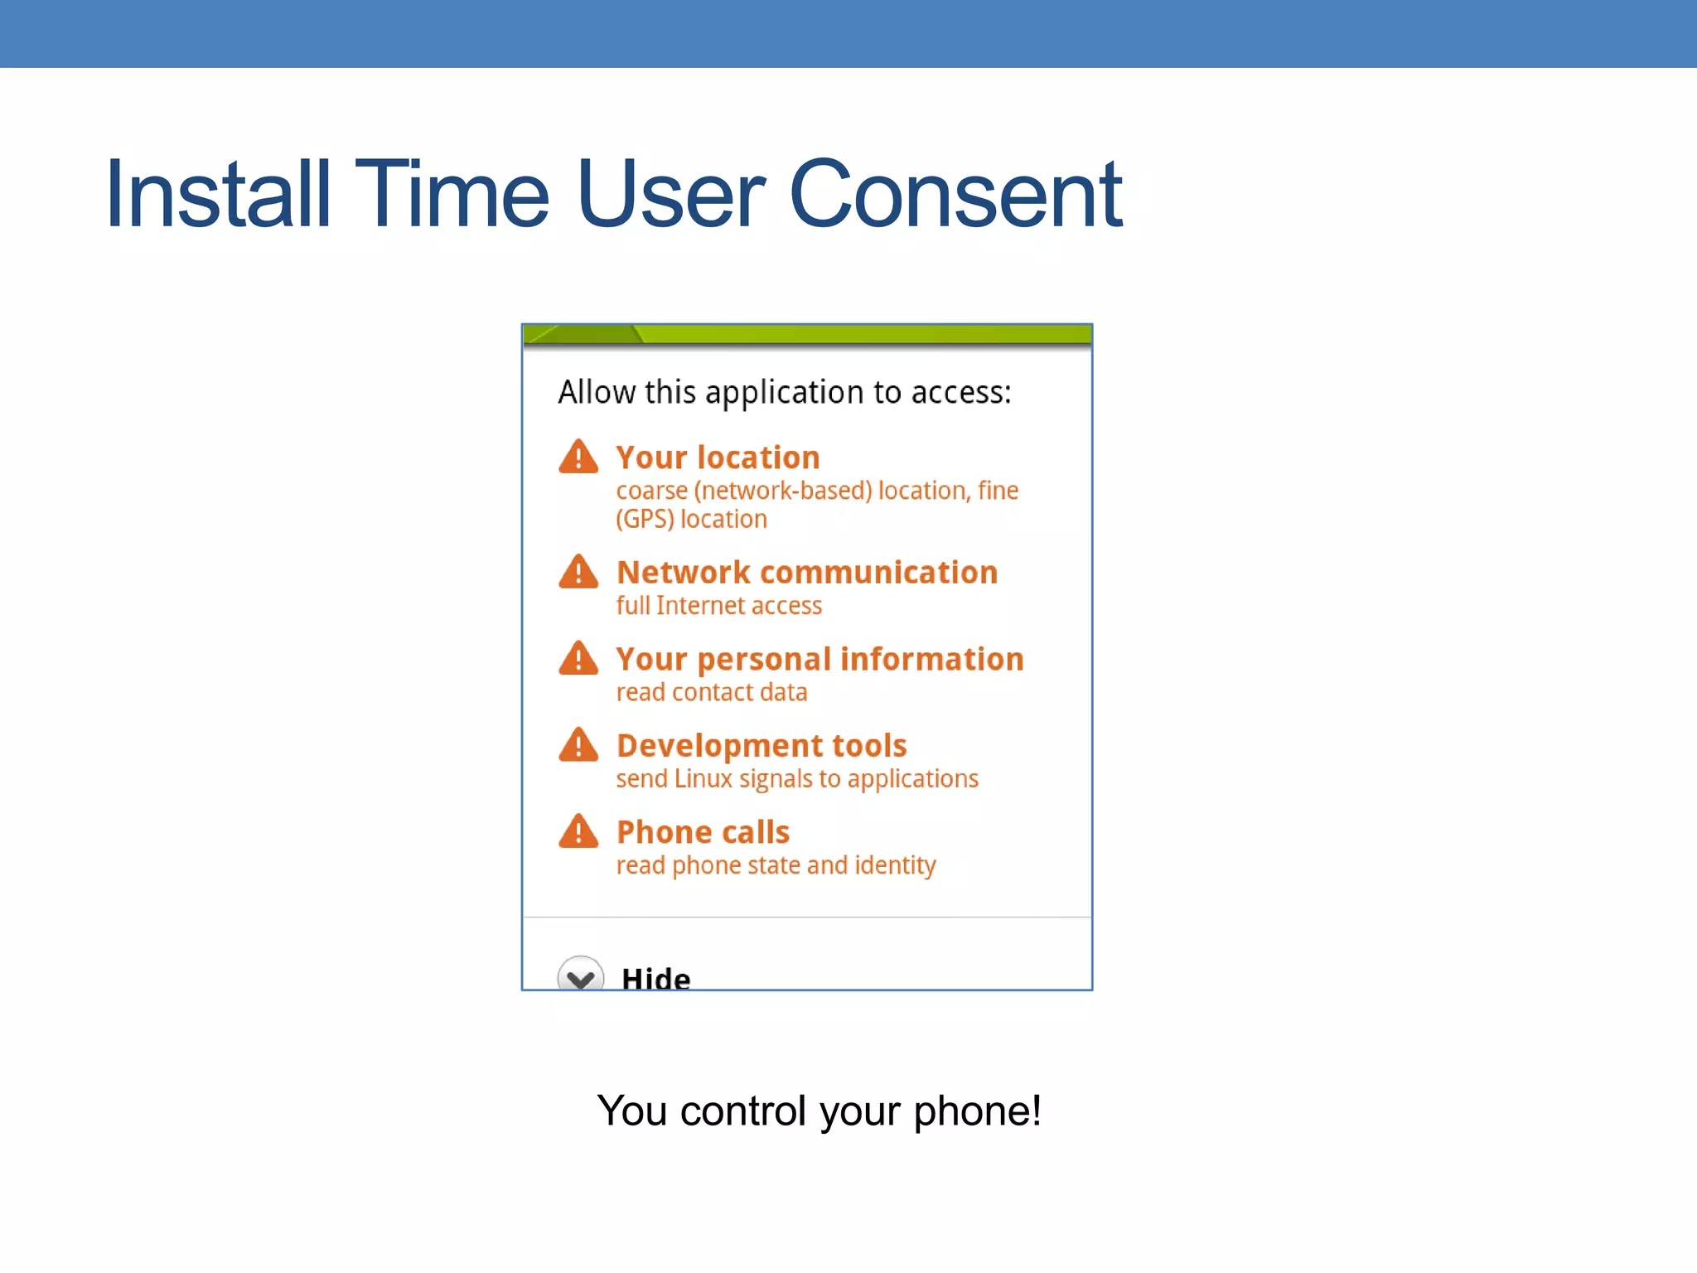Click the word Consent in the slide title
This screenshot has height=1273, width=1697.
point(955,195)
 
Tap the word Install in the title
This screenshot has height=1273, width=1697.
point(218,195)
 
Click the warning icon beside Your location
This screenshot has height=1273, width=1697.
point(578,457)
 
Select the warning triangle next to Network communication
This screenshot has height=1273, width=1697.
point(578,573)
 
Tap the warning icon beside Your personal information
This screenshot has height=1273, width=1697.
point(578,659)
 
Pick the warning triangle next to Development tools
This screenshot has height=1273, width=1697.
point(578,745)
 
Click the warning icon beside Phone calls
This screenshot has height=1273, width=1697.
point(578,831)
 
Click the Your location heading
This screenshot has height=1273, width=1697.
point(718,457)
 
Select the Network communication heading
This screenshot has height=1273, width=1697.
point(807,573)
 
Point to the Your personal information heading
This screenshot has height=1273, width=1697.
point(819,660)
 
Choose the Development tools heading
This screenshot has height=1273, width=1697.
point(761,746)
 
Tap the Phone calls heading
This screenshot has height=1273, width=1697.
point(703,832)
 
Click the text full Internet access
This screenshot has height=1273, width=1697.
point(718,606)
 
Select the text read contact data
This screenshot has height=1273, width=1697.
point(711,692)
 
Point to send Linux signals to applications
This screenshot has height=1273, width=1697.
point(796,779)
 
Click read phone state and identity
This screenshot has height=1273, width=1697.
point(776,865)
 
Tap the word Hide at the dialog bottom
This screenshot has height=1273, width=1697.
point(655,978)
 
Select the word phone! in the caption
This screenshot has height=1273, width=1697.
point(977,1111)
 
